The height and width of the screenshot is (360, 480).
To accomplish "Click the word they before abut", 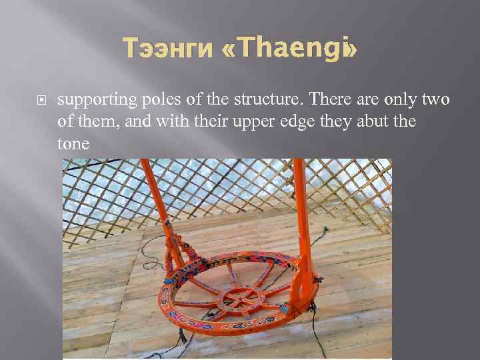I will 341,122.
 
